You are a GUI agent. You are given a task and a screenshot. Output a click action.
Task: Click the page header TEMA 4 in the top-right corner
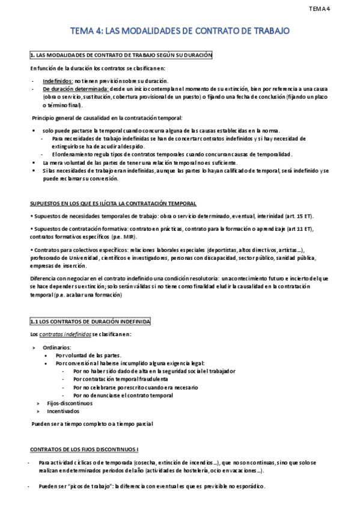337,8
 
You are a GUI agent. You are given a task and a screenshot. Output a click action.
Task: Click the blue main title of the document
180,30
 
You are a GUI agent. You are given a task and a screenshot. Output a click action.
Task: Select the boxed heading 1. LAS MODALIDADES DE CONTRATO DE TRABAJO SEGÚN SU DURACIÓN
121,55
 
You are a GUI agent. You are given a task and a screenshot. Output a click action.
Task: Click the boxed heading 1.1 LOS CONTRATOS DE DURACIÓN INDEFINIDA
91,322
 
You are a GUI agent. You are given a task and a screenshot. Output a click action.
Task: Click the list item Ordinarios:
57,348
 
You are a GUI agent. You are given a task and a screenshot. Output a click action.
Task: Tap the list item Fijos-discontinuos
70,403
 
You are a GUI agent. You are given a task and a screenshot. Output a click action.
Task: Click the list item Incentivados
63,411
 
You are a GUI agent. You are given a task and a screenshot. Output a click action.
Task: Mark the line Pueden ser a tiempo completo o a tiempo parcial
93,424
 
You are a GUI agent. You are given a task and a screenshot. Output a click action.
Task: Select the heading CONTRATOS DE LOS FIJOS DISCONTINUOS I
84,449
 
